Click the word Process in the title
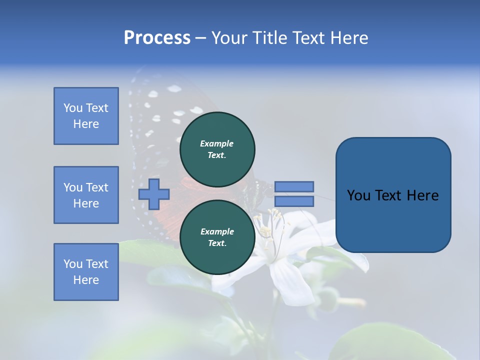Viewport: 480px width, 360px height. (157, 38)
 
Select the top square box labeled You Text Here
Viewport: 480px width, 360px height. (86, 116)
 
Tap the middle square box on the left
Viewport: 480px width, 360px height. (86, 195)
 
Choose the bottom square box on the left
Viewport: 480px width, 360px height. (86, 272)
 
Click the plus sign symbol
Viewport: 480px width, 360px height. (154, 194)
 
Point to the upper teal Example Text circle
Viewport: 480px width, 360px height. (217, 149)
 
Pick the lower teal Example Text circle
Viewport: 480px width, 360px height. (217, 237)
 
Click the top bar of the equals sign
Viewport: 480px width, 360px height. (294, 186)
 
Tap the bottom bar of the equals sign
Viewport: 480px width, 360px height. (294, 201)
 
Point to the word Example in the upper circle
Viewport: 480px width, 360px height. (217, 143)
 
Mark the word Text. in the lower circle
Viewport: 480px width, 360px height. (217, 243)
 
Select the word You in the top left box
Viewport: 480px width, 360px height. (72, 108)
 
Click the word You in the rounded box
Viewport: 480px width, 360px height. (358, 195)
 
